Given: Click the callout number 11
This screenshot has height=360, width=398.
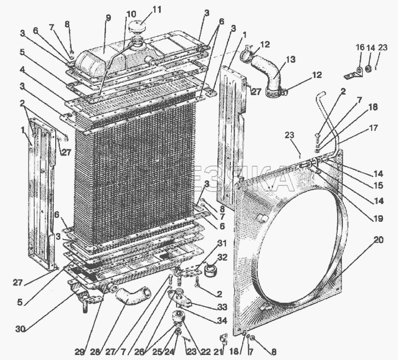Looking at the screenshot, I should [143, 9].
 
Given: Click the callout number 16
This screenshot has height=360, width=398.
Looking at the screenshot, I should [359, 47].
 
